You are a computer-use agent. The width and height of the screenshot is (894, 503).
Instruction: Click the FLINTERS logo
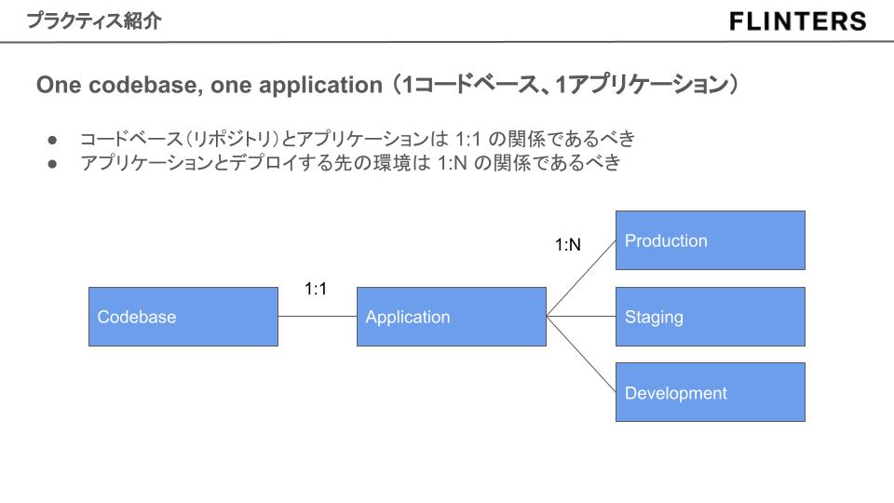click(x=798, y=21)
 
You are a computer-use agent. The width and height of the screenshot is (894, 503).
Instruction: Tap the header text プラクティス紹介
click(x=93, y=20)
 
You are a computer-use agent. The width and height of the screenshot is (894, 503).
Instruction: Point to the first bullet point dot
click(x=53, y=140)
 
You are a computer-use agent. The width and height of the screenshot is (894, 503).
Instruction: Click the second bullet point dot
click(x=53, y=164)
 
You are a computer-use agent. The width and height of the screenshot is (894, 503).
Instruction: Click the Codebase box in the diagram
click(x=183, y=317)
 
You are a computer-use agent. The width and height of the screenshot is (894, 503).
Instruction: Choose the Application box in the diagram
click(x=451, y=317)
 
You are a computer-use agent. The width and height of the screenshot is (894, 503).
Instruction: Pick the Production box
click(x=710, y=240)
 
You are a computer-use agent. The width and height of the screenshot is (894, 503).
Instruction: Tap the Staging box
click(x=710, y=317)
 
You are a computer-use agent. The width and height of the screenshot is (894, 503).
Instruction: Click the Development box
click(x=710, y=392)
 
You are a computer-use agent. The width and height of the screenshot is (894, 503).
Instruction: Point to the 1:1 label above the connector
click(x=316, y=289)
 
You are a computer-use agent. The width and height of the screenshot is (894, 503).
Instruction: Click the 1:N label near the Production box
click(x=568, y=246)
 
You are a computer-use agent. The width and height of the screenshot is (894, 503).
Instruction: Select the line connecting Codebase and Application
click(x=317, y=317)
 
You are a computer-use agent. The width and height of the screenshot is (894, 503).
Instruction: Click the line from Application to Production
click(x=581, y=278)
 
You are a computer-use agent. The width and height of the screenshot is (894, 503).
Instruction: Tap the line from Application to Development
click(x=581, y=355)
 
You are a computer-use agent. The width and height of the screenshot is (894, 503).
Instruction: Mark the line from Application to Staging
click(x=581, y=317)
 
